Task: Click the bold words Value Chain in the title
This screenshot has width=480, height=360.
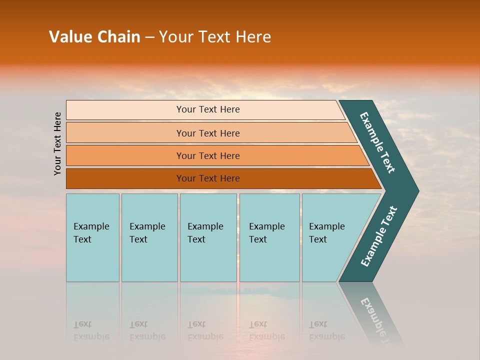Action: pyautogui.click(x=94, y=36)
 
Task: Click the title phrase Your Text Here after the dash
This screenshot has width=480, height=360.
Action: pyautogui.click(x=215, y=36)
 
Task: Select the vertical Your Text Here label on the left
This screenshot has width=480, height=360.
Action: pyautogui.click(x=57, y=143)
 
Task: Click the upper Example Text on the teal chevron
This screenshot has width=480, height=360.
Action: pyautogui.click(x=377, y=143)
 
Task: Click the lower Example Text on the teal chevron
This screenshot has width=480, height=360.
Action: pyautogui.click(x=378, y=236)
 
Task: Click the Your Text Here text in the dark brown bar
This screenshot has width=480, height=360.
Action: pyautogui.click(x=208, y=178)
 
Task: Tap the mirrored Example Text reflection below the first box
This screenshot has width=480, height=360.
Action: pyautogui.click(x=91, y=330)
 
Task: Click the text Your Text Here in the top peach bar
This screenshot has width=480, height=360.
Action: pyautogui.click(x=208, y=109)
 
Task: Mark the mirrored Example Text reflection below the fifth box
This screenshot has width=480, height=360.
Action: pyautogui.click(x=326, y=330)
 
